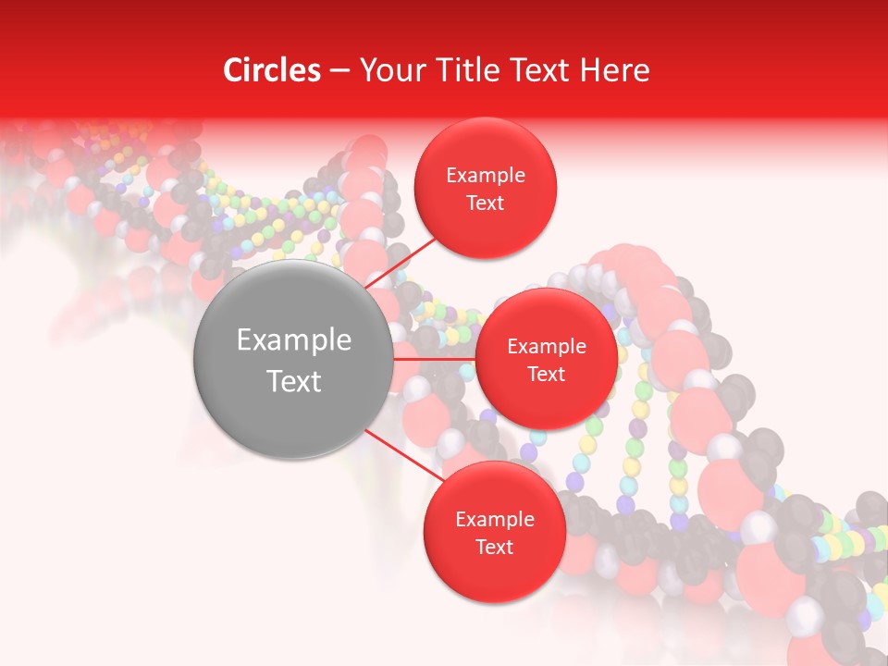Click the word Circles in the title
[x=271, y=70]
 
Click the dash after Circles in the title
[x=339, y=71]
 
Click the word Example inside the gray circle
[x=294, y=340]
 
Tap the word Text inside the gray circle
[x=294, y=381]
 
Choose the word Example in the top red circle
[x=486, y=176]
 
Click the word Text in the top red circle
[x=486, y=203]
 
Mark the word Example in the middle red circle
[x=546, y=347]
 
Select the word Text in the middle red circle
[x=546, y=374]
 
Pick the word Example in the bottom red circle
[x=494, y=520]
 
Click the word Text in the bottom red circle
[x=494, y=547]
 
